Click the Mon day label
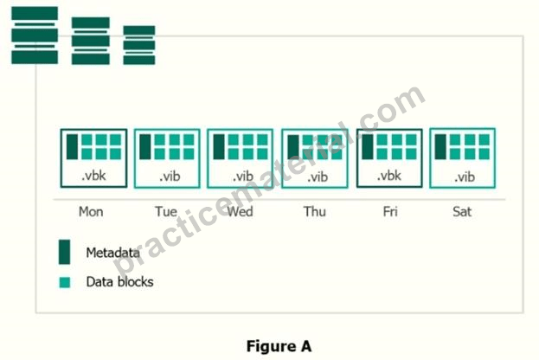pyautogui.click(x=91, y=211)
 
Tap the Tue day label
pyautogui.click(x=166, y=211)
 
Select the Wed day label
pyautogui.click(x=240, y=211)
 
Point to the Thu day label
pyautogui.click(x=315, y=211)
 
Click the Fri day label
pyautogui.click(x=390, y=211)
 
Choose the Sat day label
pyautogui.click(x=462, y=211)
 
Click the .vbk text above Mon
pyautogui.click(x=93, y=176)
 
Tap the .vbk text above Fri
pyautogui.click(x=389, y=176)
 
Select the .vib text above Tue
pyautogui.click(x=170, y=177)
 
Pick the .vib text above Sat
pyautogui.click(x=465, y=177)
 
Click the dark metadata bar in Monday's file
pyautogui.click(x=72, y=147)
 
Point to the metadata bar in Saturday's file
pyautogui.click(x=440, y=147)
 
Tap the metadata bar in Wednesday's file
pyautogui.click(x=219, y=147)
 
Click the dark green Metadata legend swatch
pyautogui.click(x=64, y=252)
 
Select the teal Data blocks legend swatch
pyautogui.click(x=65, y=282)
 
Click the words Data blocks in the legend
pyautogui.click(x=119, y=282)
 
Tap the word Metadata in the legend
pyautogui.click(x=112, y=253)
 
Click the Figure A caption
pyautogui.click(x=279, y=346)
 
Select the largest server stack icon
pyautogui.click(x=35, y=35)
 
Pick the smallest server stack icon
pyautogui.click(x=139, y=45)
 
